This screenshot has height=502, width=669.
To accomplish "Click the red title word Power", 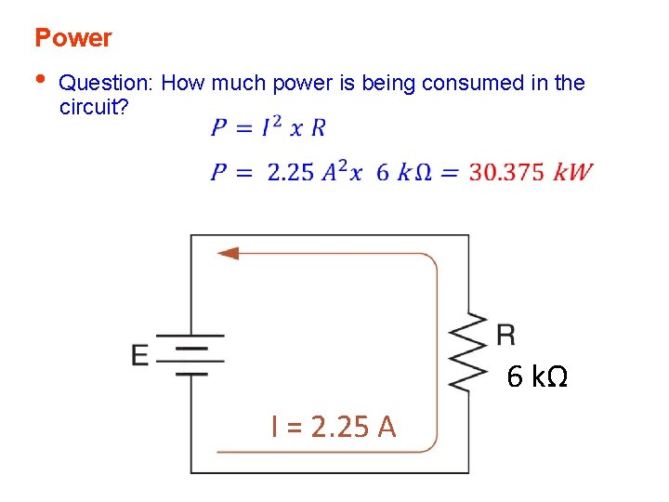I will [x=72, y=38].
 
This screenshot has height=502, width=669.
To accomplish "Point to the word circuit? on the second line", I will [x=94, y=106].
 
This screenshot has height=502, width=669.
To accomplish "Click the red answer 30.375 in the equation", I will [x=506, y=173].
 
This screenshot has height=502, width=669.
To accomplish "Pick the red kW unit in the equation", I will [x=572, y=173].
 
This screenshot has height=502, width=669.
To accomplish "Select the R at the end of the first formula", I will [x=318, y=127].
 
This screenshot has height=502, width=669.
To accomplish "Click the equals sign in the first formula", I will [x=244, y=128].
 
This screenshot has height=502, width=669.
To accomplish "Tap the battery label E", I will [x=139, y=355].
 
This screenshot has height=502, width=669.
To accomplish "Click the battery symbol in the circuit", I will [x=190, y=354].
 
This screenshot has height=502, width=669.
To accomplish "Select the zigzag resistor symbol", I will [x=469, y=353].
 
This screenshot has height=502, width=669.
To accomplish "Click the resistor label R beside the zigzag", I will [x=505, y=334].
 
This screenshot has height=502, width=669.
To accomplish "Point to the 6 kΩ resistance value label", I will [x=537, y=377].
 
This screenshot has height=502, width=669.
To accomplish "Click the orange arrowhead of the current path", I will [x=228, y=253].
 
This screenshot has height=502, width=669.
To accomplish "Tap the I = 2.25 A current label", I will [x=334, y=426].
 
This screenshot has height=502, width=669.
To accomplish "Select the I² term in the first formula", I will [x=271, y=126].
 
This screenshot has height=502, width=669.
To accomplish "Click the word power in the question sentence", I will [x=301, y=84].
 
